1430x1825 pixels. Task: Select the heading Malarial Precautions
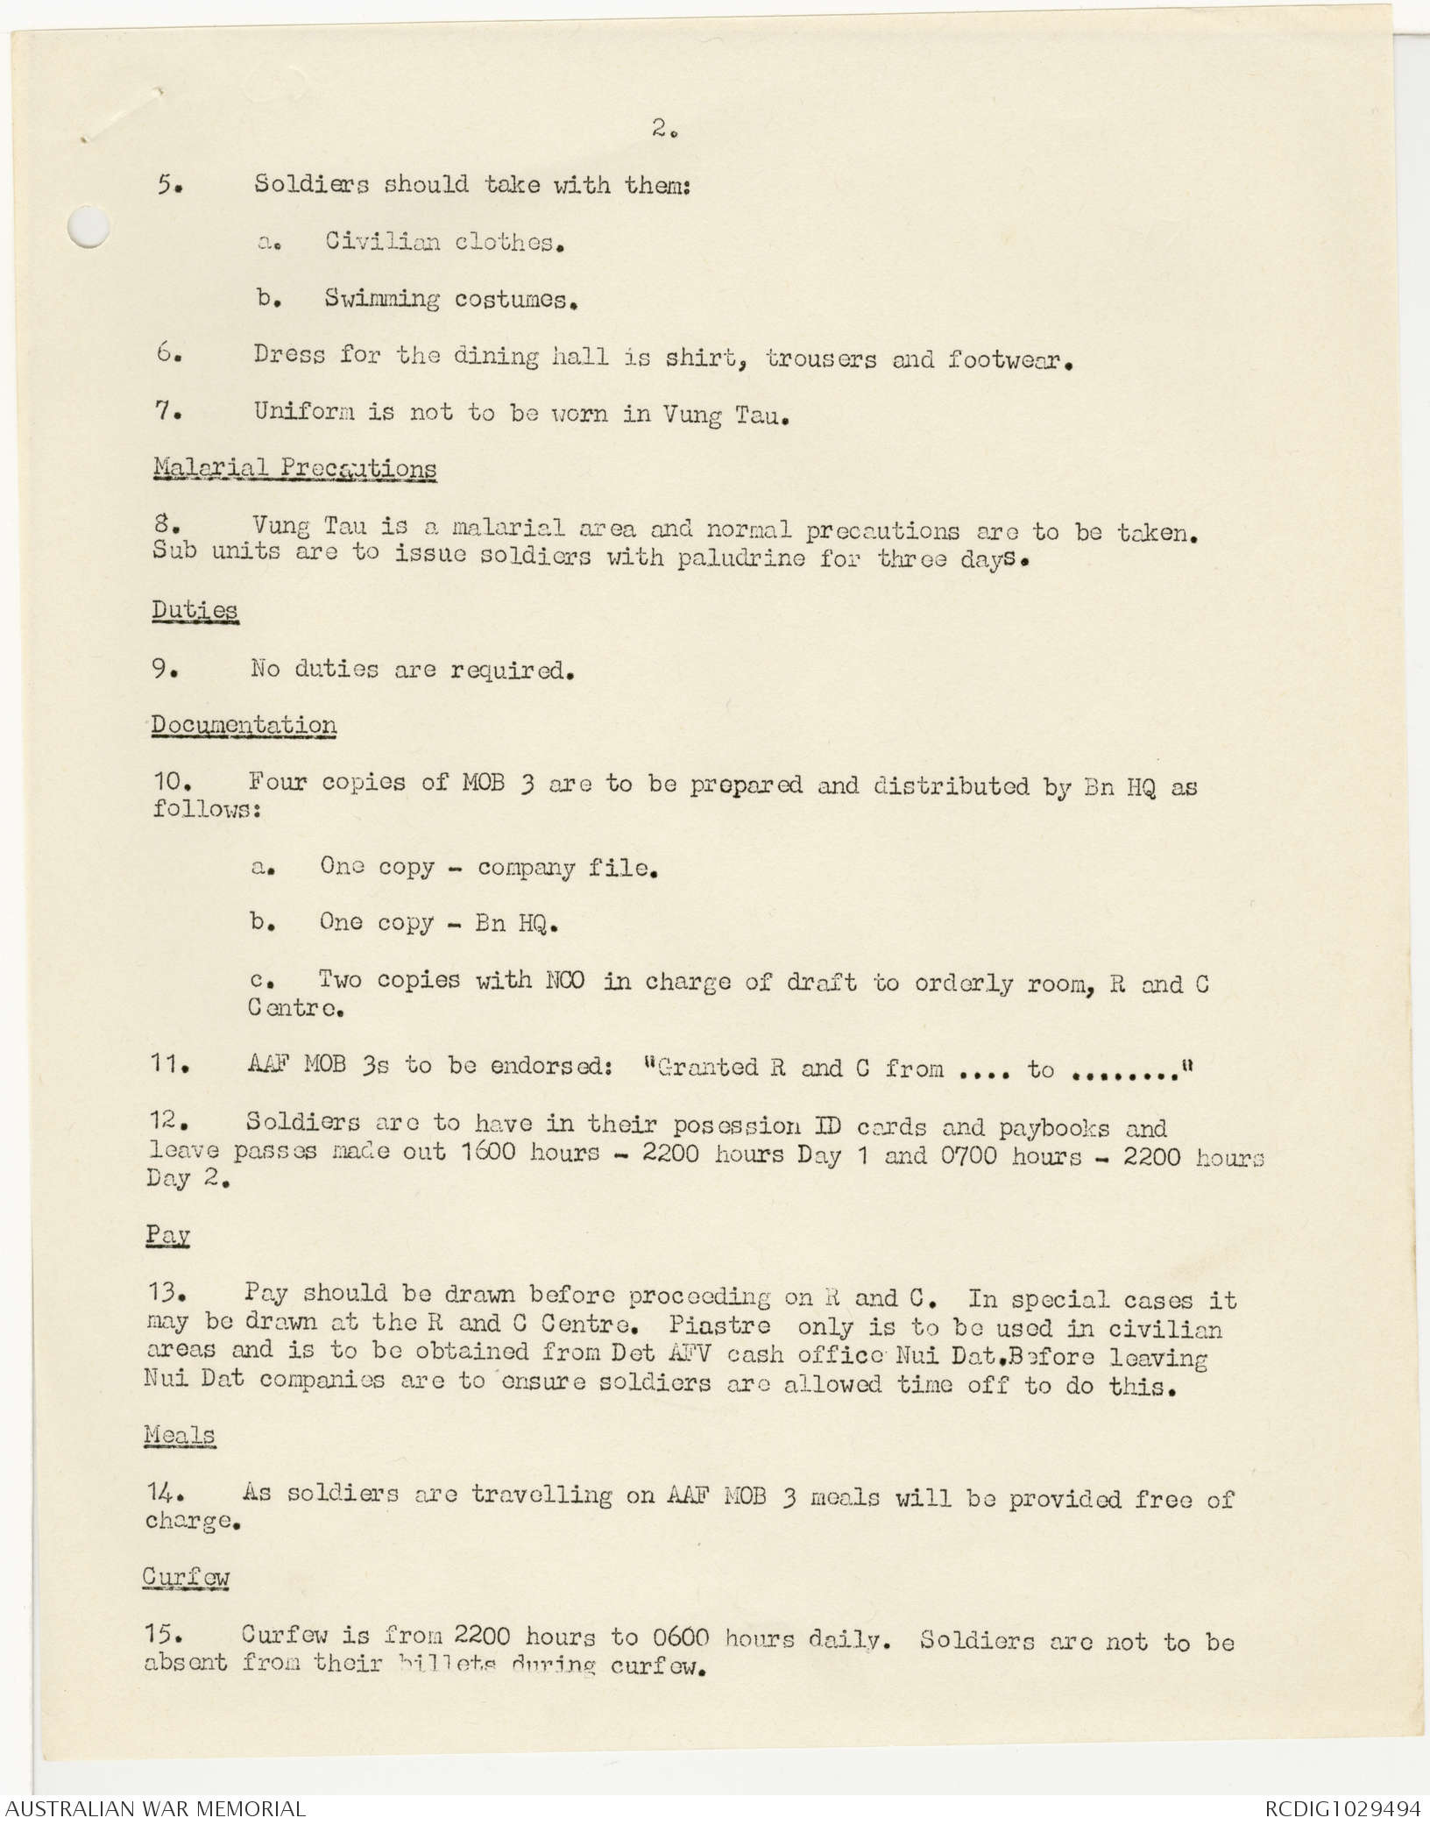(x=294, y=468)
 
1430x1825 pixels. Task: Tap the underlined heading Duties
(x=195, y=610)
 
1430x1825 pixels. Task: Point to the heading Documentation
(x=244, y=725)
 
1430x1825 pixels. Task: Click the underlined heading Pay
(x=168, y=1235)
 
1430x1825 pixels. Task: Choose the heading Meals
(x=180, y=1435)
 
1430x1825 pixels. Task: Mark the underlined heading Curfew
(x=186, y=1577)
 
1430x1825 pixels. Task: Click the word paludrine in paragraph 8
(x=740, y=558)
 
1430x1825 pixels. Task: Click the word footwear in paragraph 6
(x=1009, y=359)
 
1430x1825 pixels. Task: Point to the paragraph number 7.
(x=166, y=411)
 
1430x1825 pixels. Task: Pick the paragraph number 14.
(x=163, y=1492)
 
